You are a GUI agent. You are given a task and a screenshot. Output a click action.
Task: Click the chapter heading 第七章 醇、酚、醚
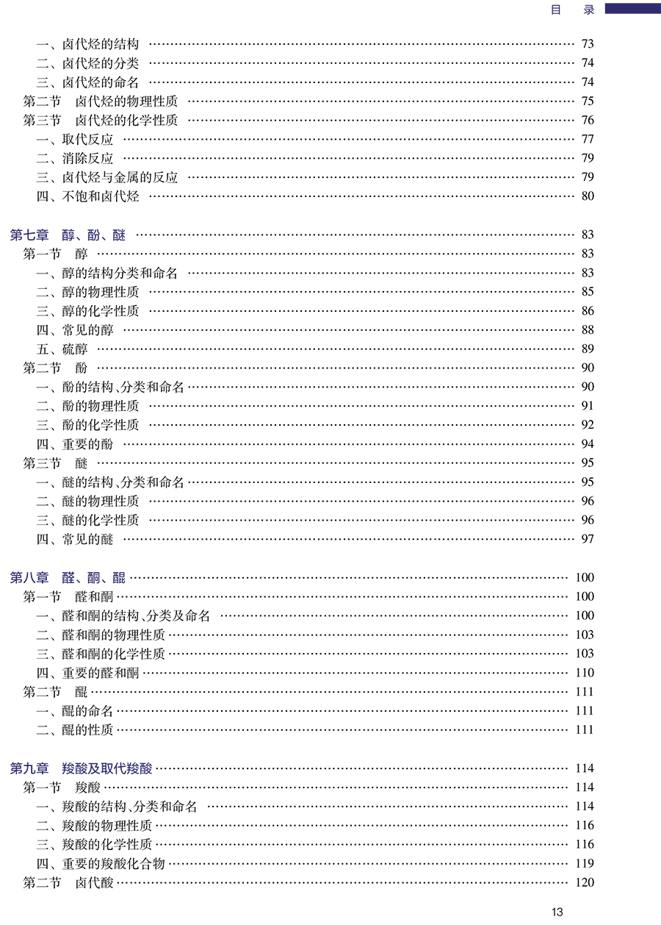(68, 235)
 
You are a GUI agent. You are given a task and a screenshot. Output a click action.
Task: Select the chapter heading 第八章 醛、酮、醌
(68, 578)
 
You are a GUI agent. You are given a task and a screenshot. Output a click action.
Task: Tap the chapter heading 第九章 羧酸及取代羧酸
(82, 769)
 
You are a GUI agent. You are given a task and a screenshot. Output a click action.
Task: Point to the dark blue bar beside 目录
(632, 8)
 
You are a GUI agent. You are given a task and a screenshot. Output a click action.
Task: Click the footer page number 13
(557, 912)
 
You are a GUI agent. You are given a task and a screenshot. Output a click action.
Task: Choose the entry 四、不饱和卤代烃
(87, 196)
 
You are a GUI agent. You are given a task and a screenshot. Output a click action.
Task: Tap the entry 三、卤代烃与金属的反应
(106, 177)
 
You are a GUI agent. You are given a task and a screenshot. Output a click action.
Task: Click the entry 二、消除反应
(74, 158)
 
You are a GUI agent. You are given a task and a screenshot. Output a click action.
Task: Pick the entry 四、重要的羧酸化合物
(101, 864)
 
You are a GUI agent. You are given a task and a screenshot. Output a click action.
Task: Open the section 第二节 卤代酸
(68, 883)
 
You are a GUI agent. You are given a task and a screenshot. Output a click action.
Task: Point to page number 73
(587, 44)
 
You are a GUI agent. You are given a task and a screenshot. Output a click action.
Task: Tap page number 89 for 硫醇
(587, 349)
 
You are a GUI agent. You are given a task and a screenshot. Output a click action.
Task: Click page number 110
(585, 673)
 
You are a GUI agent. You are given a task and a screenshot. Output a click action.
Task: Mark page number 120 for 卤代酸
(585, 883)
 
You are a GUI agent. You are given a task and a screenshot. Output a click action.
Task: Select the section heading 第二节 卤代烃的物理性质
(100, 101)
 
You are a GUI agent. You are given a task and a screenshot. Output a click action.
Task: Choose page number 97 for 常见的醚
(587, 540)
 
